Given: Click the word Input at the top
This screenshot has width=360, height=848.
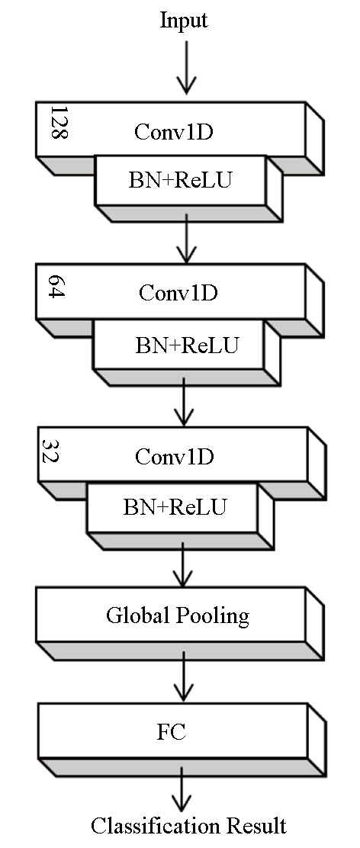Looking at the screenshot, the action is click(184, 21).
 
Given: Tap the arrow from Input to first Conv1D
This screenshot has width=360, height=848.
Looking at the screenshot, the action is click(186, 67).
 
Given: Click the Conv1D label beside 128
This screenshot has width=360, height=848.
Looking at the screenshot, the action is click(173, 131).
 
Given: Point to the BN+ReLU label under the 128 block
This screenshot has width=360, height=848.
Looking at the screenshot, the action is click(180, 181).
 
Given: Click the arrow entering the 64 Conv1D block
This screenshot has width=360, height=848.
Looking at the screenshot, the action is click(186, 239).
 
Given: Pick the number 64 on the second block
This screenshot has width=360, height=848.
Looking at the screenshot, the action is click(56, 287).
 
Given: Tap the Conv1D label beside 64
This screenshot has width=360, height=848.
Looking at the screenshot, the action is click(178, 293).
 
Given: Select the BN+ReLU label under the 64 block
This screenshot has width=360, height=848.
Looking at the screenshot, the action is click(187, 345).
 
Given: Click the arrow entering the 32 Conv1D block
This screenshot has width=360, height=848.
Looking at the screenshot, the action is click(184, 402).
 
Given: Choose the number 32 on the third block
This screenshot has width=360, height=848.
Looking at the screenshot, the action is click(50, 451).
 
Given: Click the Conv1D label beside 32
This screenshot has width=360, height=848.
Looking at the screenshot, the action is click(175, 457).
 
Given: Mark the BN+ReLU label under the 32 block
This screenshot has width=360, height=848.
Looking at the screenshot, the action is click(175, 507).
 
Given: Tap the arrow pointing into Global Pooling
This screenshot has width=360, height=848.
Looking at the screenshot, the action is click(183, 564).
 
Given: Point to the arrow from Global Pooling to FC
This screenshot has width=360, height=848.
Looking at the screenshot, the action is click(184, 676).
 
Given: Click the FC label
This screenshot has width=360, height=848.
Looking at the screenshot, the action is click(172, 732).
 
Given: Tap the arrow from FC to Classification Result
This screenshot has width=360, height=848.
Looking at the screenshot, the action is click(182, 789).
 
